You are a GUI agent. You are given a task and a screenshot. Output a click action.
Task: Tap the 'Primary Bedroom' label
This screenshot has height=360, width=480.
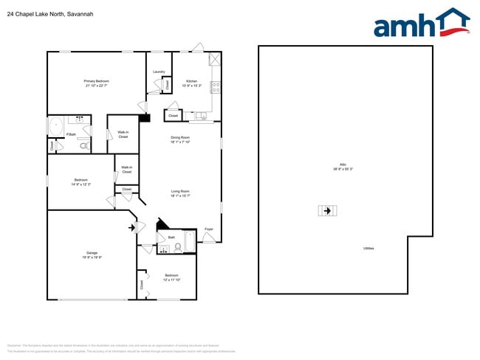click(x=96, y=80)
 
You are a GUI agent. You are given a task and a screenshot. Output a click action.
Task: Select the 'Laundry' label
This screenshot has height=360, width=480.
click(x=158, y=72)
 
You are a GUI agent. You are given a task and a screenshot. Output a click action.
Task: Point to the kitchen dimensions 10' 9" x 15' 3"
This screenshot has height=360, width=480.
click(x=191, y=86)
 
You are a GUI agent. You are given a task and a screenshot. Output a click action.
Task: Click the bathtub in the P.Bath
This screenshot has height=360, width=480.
click(x=56, y=126)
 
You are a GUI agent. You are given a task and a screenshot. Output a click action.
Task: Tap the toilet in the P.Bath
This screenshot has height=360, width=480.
click(x=83, y=145)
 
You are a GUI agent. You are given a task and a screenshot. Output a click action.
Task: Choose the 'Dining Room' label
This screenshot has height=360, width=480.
click(x=181, y=138)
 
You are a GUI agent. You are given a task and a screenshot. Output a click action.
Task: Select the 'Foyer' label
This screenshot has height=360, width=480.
click(x=209, y=229)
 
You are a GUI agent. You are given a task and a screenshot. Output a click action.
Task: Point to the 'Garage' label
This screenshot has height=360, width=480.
click(x=92, y=252)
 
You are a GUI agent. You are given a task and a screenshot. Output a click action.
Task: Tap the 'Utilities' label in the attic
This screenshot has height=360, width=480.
click(x=368, y=248)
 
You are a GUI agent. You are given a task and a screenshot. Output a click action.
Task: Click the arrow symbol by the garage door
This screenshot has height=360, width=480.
click(x=133, y=227)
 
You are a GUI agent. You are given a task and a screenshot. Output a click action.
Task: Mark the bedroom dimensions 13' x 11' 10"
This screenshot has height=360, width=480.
click(x=172, y=280)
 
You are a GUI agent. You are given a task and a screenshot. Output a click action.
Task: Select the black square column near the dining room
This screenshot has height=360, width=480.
click(x=145, y=117)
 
